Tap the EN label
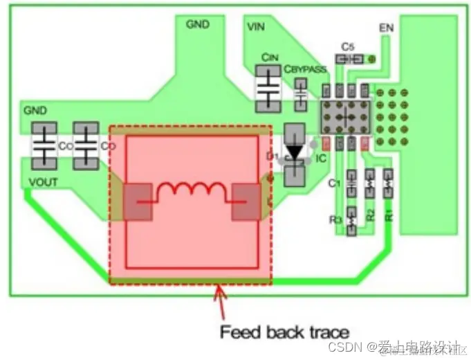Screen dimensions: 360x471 pos(386,28)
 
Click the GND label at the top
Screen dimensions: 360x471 pos(198,24)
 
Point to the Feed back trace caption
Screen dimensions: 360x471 pos(284,332)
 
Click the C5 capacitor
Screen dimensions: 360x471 pos(349,60)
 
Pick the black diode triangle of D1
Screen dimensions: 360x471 pos(295,151)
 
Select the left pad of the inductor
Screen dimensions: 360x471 pos(138,201)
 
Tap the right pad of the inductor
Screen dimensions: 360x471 pos(246,201)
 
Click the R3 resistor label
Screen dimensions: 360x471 pos(335,220)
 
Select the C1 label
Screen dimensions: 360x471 pos(334,183)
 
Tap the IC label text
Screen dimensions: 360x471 pos(321,159)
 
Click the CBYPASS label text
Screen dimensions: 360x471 pos(304,69)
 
